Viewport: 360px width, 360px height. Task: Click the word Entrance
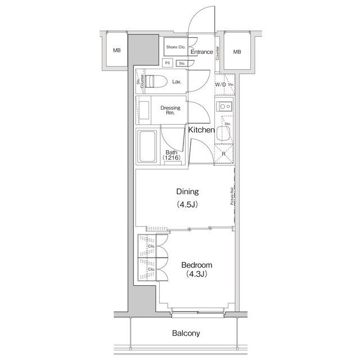point(201,52)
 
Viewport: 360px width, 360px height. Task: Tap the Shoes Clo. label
point(175,47)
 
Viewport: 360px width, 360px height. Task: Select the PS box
point(168,62)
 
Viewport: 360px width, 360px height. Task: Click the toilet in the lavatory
point(156,81)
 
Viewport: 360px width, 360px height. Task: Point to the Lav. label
point(177,82)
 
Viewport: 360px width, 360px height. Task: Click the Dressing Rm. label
point(170,110)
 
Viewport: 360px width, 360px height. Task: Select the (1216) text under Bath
point(171,158)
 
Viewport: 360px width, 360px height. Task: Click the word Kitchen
point(201,130)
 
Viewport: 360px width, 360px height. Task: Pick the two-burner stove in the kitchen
point(224,106)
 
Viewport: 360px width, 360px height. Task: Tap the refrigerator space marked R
point(224,154)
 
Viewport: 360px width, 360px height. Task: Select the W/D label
point(220,84)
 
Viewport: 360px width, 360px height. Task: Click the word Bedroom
point(196,265)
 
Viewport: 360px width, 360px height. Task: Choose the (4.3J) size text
point(196,274)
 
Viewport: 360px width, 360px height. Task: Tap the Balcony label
point(186,333)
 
